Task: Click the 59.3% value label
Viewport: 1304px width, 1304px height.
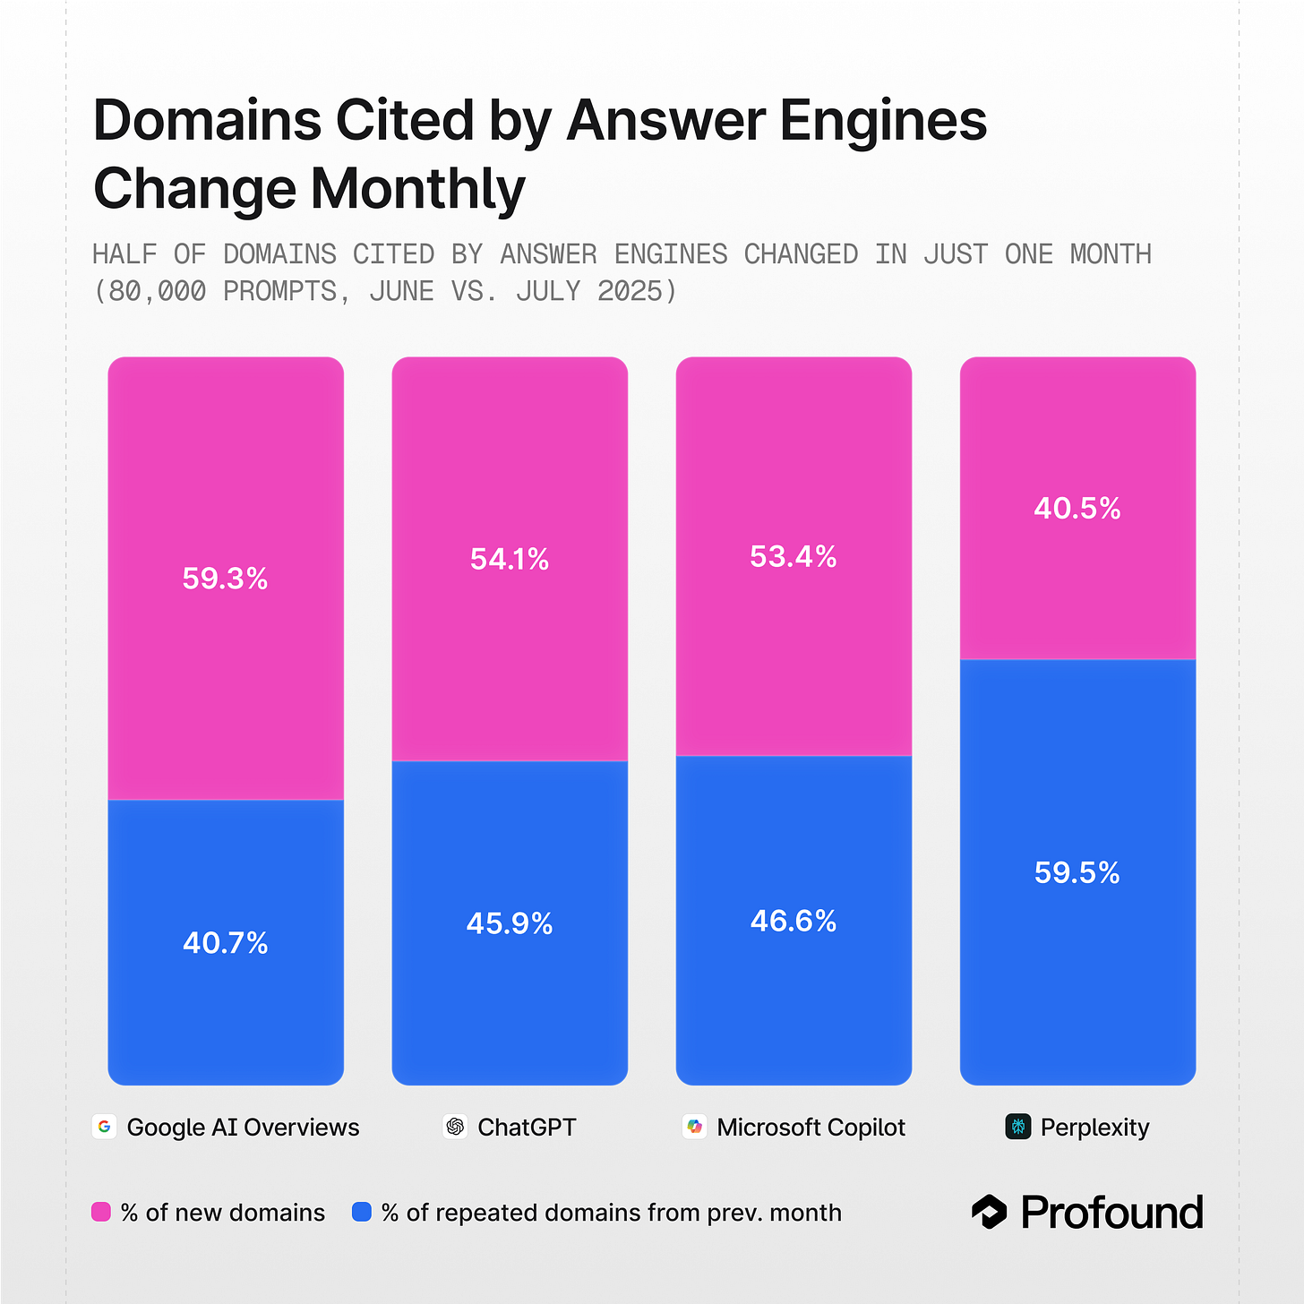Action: click(225, 579)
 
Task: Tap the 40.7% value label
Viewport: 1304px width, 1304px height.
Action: click(225, 943)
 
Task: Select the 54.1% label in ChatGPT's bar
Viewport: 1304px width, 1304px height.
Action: click(509, 560)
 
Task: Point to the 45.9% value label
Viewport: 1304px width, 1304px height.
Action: click(509, 923)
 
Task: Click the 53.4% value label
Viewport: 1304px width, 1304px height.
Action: click(793, 557)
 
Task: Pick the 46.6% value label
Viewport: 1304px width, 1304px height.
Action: click(793, 921)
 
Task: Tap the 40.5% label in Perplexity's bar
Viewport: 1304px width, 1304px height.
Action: click(1077, 509)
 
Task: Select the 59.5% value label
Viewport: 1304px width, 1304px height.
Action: click(1077, 873)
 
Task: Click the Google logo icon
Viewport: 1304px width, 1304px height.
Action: click(105, 1127)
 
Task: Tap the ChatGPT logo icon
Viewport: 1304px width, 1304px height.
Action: click(455, 1127)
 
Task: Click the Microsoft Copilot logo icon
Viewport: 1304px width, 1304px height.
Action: click(695, 1127)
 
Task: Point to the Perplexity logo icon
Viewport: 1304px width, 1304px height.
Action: click(1018, 1127)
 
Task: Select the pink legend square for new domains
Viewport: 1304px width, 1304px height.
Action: click(101, 1212)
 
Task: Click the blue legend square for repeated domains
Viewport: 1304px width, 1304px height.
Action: click(362, 1212)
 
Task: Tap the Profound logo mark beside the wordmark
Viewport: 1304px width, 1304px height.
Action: click(990, 1212)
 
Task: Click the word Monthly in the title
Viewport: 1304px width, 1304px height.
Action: click(417, 189)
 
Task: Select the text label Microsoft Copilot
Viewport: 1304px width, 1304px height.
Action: click(811, 1127)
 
